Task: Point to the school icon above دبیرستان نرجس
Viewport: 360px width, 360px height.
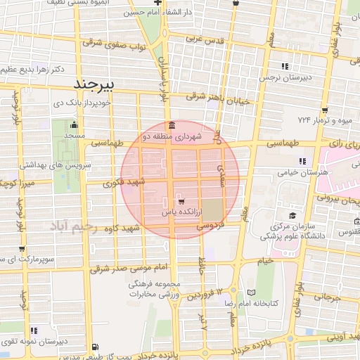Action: pyautogui.click(x=285, y=65)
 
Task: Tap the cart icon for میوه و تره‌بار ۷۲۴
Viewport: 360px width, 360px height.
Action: pyautogui.click(x=326, y=109)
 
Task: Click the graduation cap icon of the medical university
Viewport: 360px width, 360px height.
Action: pyautogui.click(x=292, y=216)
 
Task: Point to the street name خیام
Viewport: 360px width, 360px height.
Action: pyautogui.click(x=264, y=261)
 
